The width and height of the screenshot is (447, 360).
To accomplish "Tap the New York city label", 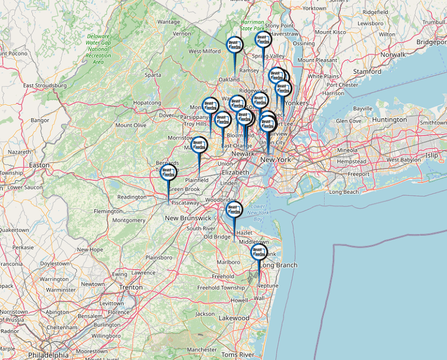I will pyautogui.click(x=275, y=160).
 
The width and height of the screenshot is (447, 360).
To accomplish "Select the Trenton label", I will pyautogui.click(x=131, y=287).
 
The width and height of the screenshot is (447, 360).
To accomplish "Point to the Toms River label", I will pyautogui.click(x=238, y=354).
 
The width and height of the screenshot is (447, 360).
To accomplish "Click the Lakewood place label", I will pyautogui.click(x=234, y=318).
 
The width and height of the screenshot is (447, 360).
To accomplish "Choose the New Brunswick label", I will pyautogui.click(x=188, y=218).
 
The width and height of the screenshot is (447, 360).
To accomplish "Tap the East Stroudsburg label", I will pyautogui.click(x=45, y=85).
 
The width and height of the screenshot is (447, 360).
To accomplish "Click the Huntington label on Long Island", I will pyautogui.click(x=389, y=119).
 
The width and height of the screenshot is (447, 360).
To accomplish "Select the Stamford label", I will pyautogui.click(x=367, y=71).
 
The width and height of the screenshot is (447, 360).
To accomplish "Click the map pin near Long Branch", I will pyautogui.click(x=259, y=253).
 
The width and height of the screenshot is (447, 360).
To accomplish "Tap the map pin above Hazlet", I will pyautogui.click(x=234, y=210).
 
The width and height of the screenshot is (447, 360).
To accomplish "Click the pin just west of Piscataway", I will pyautogui.click(x=168, y=174).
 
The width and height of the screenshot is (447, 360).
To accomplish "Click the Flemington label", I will pyautogui.click(x=108, y=212).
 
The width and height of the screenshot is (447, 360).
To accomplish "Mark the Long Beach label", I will pyautogui.click(x=344, y=192).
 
